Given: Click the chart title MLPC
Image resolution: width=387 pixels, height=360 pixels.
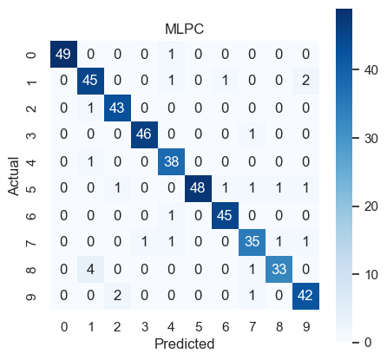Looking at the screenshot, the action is coord(184,29).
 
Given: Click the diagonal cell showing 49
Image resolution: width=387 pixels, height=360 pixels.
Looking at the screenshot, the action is coord(63,55).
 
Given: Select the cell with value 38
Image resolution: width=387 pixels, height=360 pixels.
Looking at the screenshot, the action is coord(171,161).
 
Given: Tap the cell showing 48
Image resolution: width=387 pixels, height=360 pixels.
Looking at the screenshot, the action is coord(198,188).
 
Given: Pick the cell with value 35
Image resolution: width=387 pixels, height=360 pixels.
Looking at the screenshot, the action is coord(252,242).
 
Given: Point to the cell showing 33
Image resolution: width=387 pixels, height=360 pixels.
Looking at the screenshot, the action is coord(279,269).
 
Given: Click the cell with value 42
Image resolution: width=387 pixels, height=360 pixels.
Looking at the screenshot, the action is coord(305,296).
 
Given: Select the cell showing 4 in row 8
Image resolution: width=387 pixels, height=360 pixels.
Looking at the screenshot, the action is coord(90,269).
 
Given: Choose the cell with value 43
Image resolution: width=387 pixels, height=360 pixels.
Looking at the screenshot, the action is coord(117,108).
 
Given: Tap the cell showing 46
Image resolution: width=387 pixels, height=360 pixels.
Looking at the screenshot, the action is coord(144,135).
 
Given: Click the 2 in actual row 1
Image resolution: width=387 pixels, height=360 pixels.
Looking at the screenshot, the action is coord(305,82).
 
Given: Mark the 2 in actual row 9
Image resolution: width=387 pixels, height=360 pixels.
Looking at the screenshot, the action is coord(117,296).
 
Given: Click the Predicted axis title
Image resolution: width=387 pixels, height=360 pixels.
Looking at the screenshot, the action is coord(185,344).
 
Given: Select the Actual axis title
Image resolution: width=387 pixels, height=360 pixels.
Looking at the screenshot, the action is coord(13,176).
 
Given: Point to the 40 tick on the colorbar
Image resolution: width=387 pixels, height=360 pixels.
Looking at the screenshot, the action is coord(371,70).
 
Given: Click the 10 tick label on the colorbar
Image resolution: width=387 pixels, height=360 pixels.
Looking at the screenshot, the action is coord(371,275).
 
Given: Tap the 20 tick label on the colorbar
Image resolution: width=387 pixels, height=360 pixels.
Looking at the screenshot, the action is coord(371,206).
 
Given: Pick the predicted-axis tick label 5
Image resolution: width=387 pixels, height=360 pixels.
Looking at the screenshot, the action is coord(199,327).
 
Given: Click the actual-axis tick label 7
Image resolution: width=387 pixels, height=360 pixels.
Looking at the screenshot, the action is coord(31,242).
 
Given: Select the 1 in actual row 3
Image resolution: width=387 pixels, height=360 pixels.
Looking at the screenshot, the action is coord(252,135).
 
